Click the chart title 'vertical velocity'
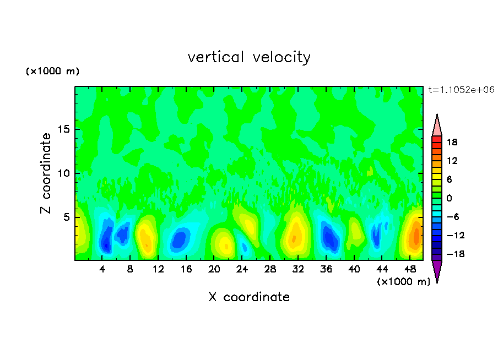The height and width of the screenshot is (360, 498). point(249,57)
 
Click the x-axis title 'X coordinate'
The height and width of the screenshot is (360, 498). point(249,297)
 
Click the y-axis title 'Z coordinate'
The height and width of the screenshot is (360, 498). point(46,173)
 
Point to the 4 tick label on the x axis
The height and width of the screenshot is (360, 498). point(102,269)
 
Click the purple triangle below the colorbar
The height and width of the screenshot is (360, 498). point(437,271)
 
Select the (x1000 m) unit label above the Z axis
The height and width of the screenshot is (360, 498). point(52,72)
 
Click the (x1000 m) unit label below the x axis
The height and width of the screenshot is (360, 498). point(404,282)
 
